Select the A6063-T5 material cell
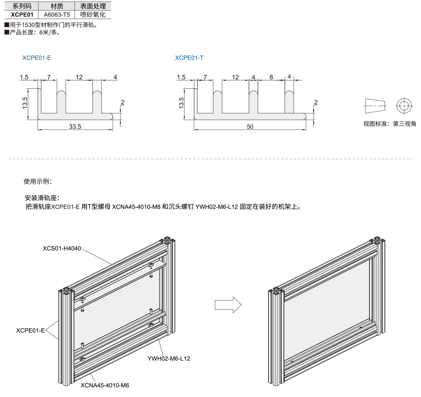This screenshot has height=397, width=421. pyautogui.click(x=57, y=15)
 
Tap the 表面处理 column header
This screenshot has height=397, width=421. pyautogui.click(x=93, y=6)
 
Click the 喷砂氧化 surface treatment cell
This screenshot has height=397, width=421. pyautogui.click(x=93, y=15)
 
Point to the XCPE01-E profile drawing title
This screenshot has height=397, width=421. pyautogui.click(x=37, y=58)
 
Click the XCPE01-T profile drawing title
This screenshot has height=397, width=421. pyautogui.click(x=189, y=58)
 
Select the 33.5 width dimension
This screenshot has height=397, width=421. pyautogui.click(x=75, y=126)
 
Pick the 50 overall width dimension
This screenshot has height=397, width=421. pyautogui.click(x=250, y=127)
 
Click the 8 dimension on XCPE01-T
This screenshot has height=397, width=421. pyautogui.click(x=271, y=77)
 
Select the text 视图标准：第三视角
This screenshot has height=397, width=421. pyautogui.click(x=389, y=124)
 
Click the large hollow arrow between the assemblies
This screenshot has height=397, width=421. pyautogui.click(x=228, y=304)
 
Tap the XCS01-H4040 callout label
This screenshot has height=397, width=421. pyautogui.click(x=62, y=248)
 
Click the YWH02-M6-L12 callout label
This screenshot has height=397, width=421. pyautogui.click(x=169, y=359)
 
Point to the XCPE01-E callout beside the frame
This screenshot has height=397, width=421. pyautogui.click(x=30, y=330)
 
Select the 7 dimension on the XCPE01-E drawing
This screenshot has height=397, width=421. pyautogui.click(x=49, y=77)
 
